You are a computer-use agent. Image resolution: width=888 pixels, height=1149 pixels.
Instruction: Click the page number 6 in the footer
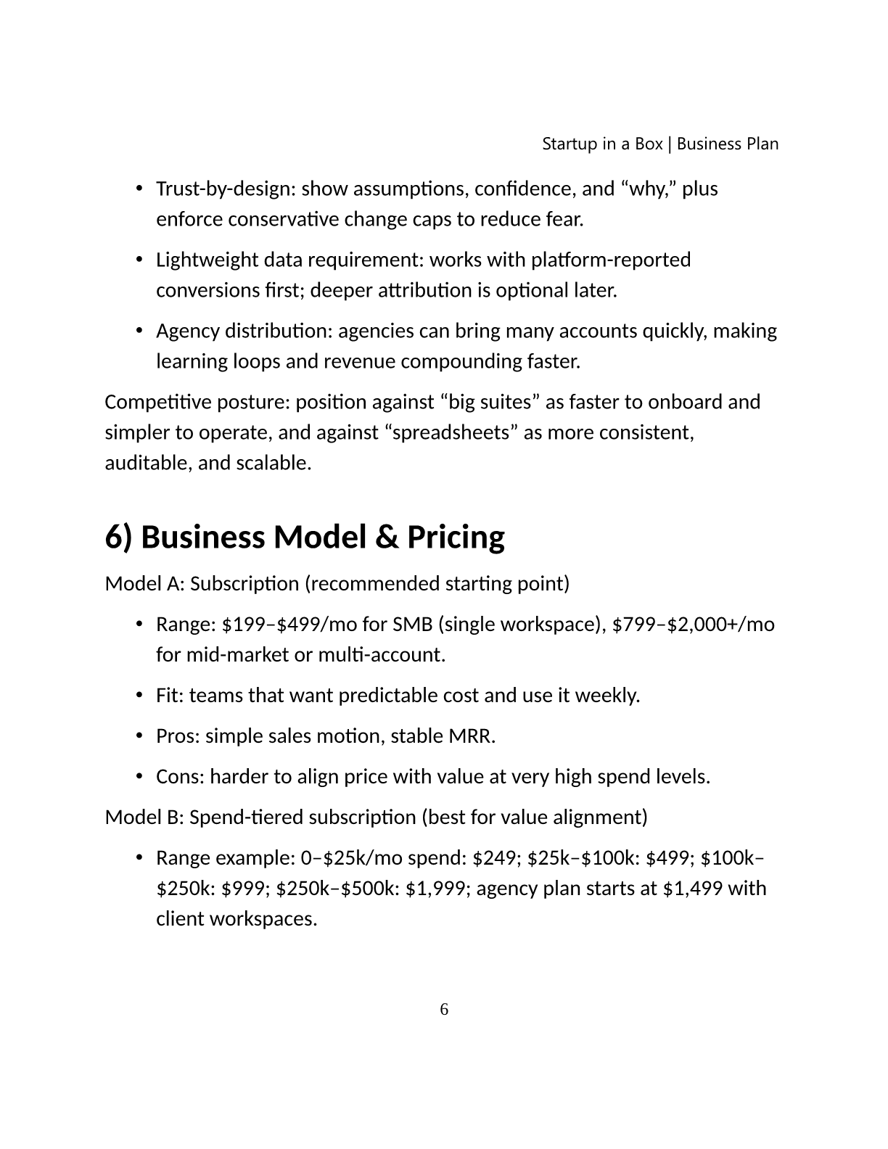444,1010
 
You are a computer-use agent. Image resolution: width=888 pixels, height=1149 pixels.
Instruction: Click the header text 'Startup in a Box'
602,144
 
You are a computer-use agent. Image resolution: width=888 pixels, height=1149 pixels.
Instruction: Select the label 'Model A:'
144,584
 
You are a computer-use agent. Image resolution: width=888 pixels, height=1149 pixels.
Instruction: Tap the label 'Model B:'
144,818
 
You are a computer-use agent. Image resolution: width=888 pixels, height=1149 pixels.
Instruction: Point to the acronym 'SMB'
412,625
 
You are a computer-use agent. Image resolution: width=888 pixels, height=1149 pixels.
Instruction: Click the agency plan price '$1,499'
692,889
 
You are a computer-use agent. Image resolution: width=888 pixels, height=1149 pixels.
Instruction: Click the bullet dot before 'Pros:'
139,736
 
